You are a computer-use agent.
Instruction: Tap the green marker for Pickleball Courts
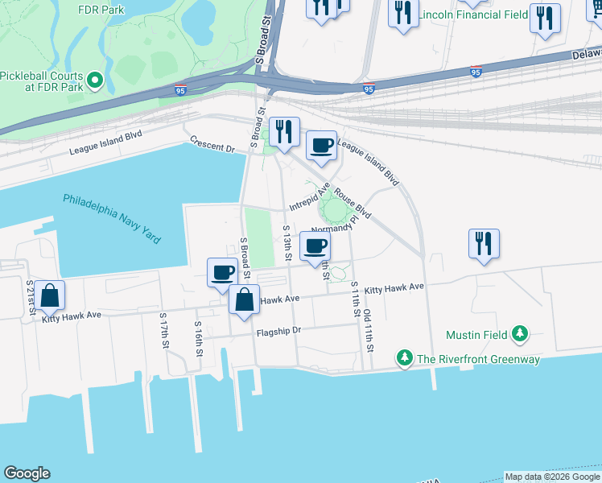[94, 80]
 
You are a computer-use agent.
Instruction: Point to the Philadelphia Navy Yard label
[112, 219]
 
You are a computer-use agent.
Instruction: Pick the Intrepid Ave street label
[310, 196]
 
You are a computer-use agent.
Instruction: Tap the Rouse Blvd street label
[353, 204]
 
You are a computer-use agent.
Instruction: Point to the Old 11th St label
[368, 331]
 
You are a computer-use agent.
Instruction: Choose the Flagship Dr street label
[278, 331]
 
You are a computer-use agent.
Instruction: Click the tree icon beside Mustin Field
[521, 333]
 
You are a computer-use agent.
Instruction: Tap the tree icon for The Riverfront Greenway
[404, 357]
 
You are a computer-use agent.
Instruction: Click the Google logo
[27, 473]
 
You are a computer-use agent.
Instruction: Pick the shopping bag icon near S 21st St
[50, 296]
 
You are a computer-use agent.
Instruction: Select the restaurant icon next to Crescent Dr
[284, 131]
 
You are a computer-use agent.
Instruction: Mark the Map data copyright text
[551, 477]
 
